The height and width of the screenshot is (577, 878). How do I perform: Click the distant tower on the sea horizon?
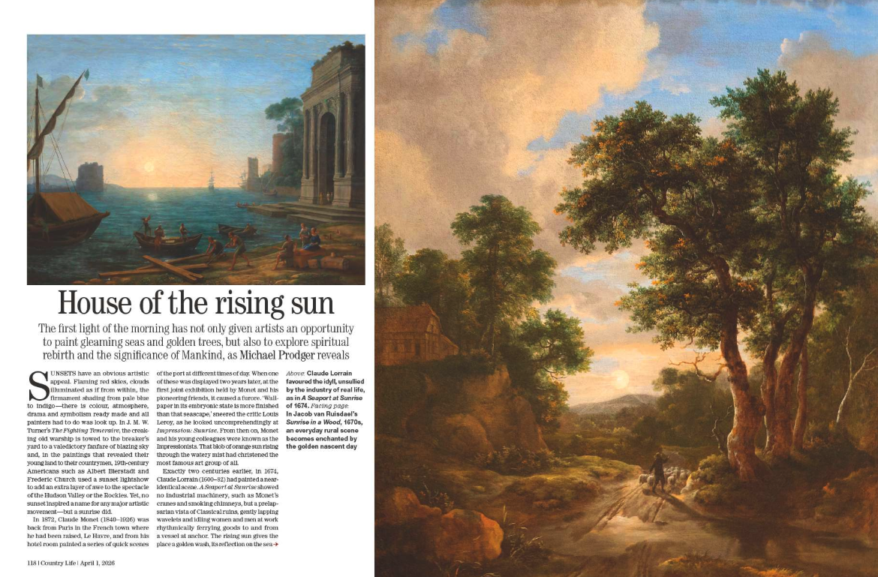click(x=89, y=176)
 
